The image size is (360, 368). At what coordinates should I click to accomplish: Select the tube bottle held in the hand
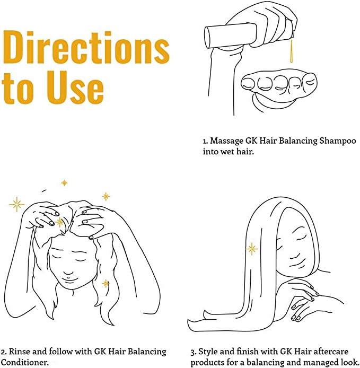tap(249, 35)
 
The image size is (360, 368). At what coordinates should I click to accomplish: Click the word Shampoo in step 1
tap(338, 141)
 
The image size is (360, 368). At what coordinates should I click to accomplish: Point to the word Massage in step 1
tap(227, 141)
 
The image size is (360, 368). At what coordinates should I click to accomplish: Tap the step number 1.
tap(205, 142)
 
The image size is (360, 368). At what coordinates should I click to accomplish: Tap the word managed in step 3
tap(320, 362)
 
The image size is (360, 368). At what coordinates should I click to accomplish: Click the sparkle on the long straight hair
tap(252, 249)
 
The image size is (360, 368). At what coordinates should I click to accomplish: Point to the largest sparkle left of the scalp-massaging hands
tap(16, 205)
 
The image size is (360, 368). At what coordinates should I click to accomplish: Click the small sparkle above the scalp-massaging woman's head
tap(64, 182)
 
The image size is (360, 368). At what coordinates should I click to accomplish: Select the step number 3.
tap(193, 353)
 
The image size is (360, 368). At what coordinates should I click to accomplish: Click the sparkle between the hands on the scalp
tap(59, 222)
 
